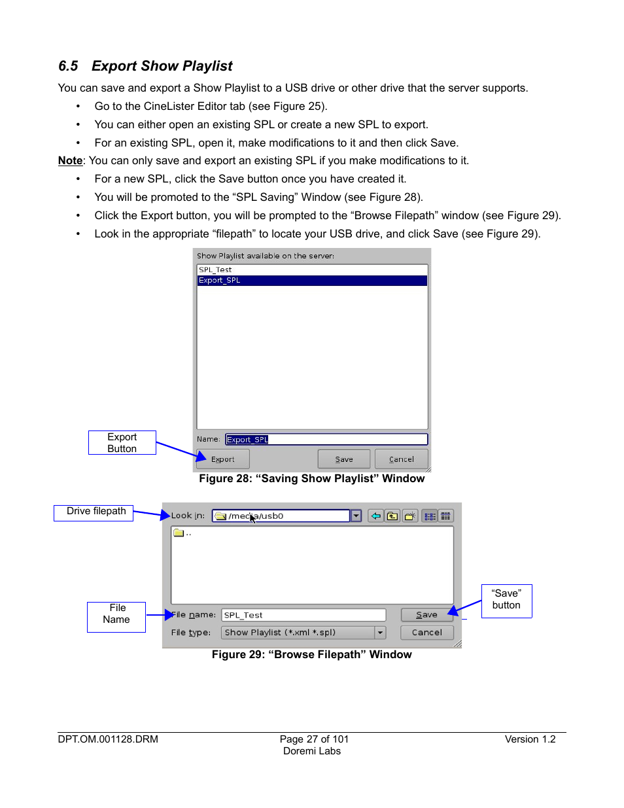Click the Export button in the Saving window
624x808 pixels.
tap(222, 459)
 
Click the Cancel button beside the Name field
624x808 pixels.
tap(401, 459)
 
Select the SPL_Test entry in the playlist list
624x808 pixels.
tap(215, 270)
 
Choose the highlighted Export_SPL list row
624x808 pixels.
tap(311, 280)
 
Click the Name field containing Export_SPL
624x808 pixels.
tap(326, 440)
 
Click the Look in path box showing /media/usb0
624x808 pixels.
tap(281, 516)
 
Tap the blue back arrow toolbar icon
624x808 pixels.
tap(375, 516)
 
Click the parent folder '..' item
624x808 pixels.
tap(182, 533)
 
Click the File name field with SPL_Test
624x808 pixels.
tap(303, 615)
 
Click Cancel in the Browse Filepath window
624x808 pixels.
tap(426, 633)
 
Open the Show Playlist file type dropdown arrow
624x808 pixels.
tap(380, 633)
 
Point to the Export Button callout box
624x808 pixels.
tap(122, 443)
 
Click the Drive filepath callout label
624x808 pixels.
tap(94, 512)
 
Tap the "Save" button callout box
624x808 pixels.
tap(506, 600)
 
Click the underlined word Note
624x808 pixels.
tap(70, 161)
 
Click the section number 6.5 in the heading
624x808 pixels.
tap(68, 66)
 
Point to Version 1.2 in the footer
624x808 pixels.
tap(530, 739)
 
